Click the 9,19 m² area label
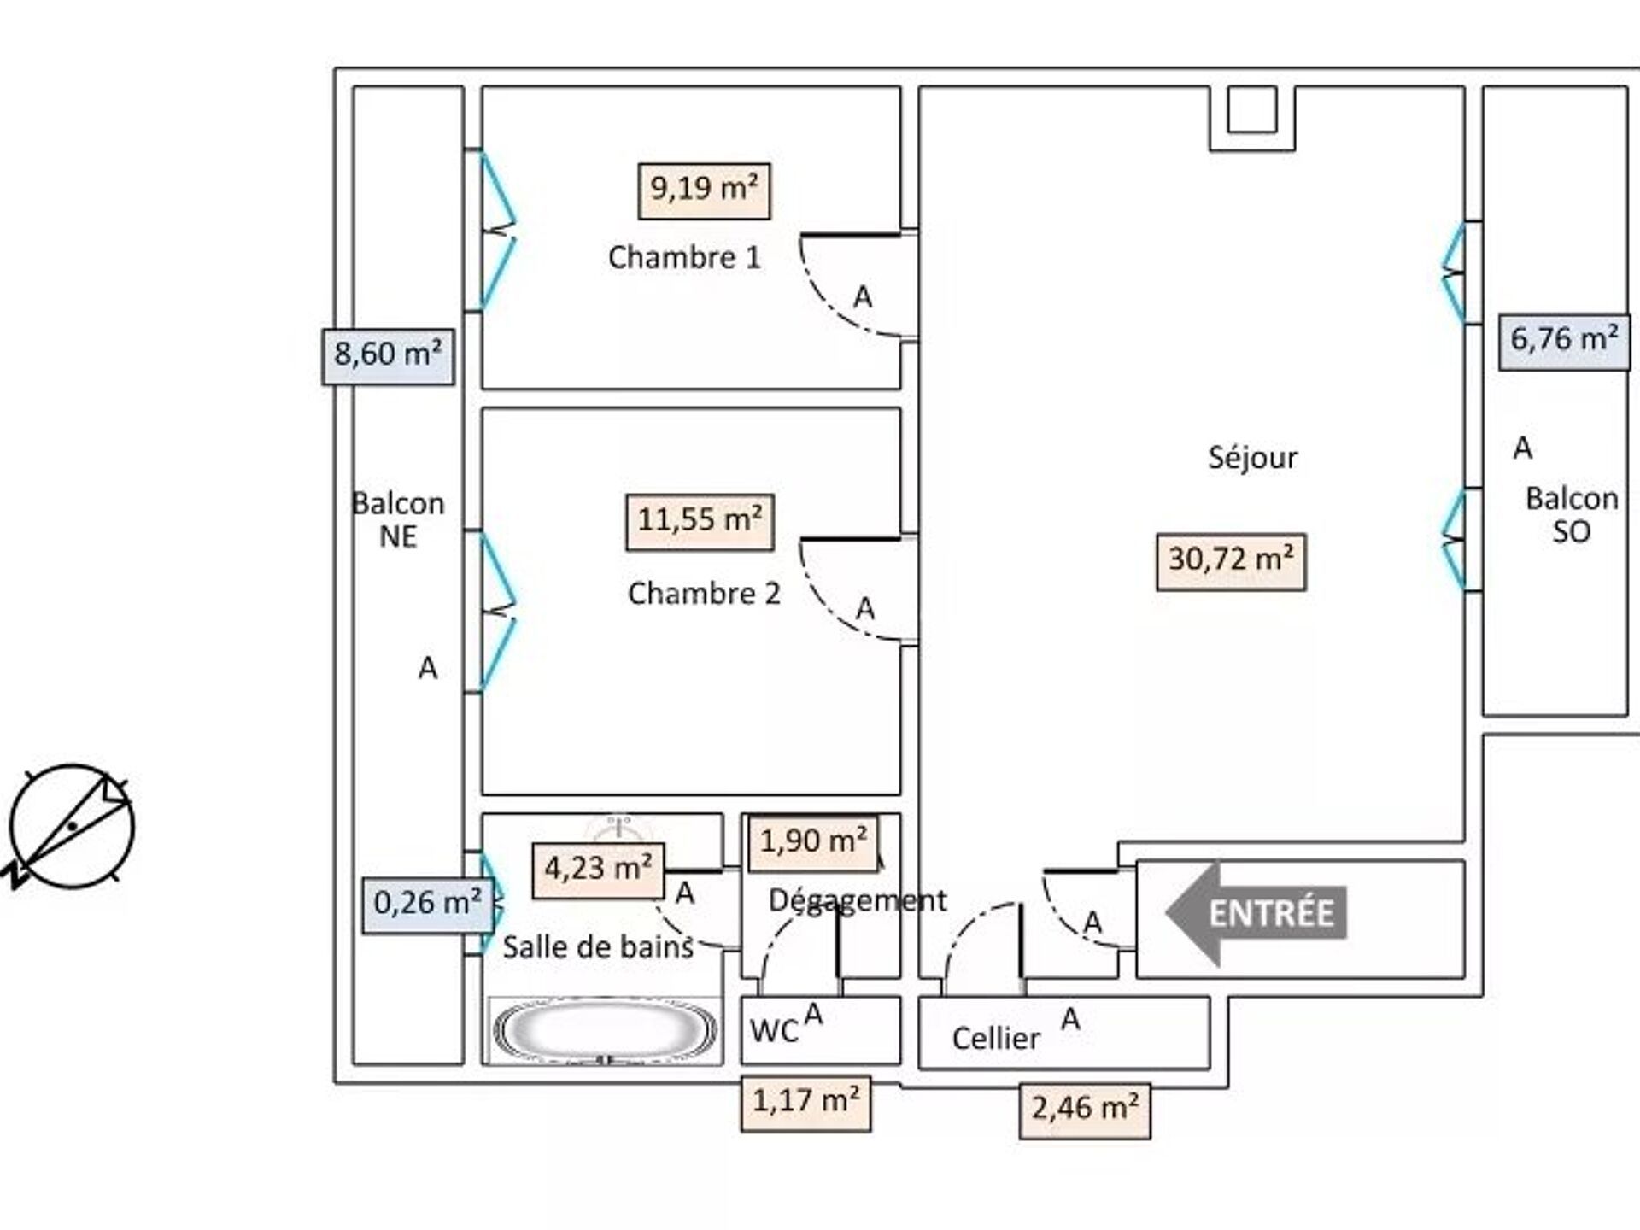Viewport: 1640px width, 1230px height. pyautogui.click(x=704, y=190)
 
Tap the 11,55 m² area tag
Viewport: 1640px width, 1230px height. pyautogui.click(x=700, y=521)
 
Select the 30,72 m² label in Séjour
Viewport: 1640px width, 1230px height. pyautogui.click(x=1231, y=561)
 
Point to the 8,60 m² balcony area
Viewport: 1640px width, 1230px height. pyautogui.click(x=388, y=356)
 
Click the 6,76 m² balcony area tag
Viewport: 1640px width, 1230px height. pyautogui.click(x=1564, y=341)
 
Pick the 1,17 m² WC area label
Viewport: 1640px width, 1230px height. pyautogui.click(x=805, y=1102)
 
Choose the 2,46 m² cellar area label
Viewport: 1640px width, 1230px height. pyautogui.click(x=1085, y=1110)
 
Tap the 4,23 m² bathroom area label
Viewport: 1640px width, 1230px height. pyautogui.click(x=598, y=870)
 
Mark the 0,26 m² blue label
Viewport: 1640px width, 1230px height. pyautogui.click(x=428, y=905)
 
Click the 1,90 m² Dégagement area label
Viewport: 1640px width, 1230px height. pyautogui.click(x=813, y=842)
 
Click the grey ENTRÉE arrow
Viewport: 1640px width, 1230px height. pyautogui.click(x=1256, y=913)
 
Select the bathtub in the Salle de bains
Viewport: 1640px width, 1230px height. pyautogui.click(x=606, y=1031)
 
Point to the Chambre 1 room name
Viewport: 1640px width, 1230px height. pyautogui.click(x=684, y=258)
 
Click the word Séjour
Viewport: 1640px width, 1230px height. pyautogui.click(x=1252, y=459)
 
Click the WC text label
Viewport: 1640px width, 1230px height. pyautogui.click(x=773, y=1032)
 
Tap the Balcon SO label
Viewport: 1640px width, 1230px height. pyautogui.click(x=1571, y=515)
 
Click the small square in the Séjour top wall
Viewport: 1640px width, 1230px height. pyautogui.click(x=1251, y=110)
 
